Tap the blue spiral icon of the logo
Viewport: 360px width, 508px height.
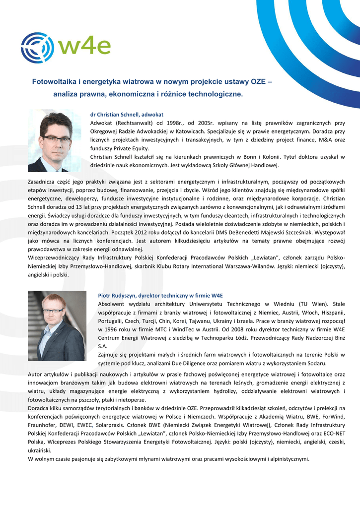[37, 48]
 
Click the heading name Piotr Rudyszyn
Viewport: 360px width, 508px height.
[120, 295]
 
